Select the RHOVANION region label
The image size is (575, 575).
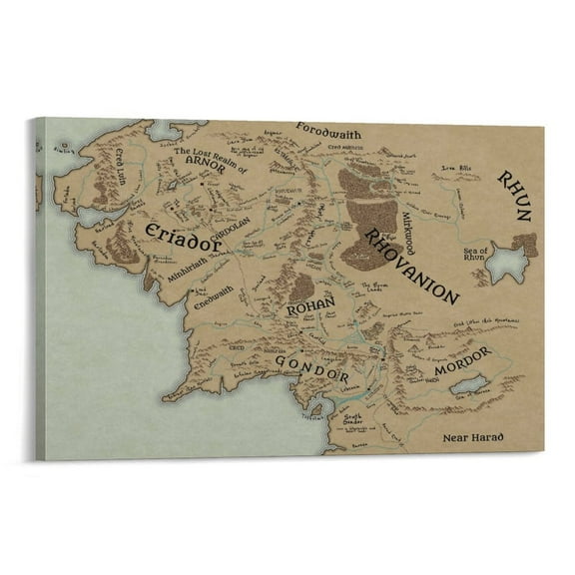[x=410, y=266]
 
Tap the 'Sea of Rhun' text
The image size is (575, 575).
[x=477, y=254]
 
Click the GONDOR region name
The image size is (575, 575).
[x=311, y=369]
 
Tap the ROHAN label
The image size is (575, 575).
[x=308, y=309]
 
